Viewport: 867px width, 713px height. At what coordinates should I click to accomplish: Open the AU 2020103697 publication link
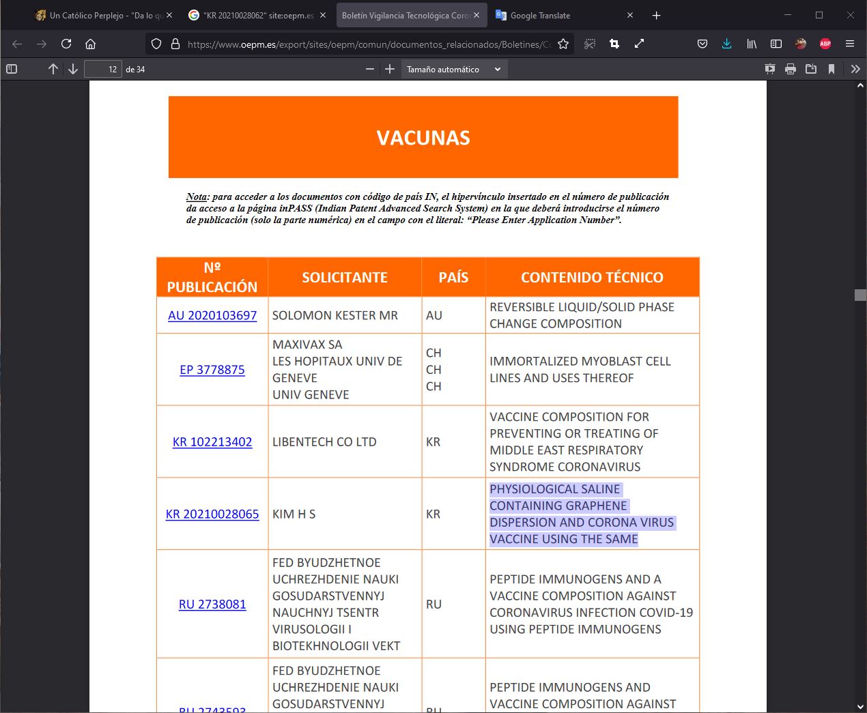212,315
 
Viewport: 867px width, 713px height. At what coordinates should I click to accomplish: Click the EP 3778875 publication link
212,370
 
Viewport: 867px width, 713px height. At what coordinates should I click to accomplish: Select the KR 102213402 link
212,442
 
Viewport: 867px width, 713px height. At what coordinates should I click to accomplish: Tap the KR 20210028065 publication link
212,514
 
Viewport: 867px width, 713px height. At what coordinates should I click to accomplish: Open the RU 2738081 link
212,605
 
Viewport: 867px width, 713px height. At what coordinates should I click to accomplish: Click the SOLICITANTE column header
345,277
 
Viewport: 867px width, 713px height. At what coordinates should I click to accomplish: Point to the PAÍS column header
453,277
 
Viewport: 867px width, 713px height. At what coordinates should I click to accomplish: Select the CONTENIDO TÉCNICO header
592,277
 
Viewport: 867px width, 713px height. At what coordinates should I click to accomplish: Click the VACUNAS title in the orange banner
423,138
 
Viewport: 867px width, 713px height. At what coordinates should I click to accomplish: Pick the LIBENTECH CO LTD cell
324,442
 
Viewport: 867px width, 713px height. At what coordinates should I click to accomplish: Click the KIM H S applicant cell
294,514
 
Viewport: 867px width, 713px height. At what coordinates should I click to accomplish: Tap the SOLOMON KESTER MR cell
335,315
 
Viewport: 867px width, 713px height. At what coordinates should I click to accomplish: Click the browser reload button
66,44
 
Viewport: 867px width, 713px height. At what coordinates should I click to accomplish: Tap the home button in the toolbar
90,44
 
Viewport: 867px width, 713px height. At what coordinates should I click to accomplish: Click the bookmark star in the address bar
563,44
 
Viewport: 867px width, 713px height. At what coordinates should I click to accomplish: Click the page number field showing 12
103,69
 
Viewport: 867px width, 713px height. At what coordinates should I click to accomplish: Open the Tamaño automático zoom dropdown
453,69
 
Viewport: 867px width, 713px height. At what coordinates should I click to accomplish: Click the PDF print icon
791,69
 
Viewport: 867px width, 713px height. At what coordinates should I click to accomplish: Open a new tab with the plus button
656,15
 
